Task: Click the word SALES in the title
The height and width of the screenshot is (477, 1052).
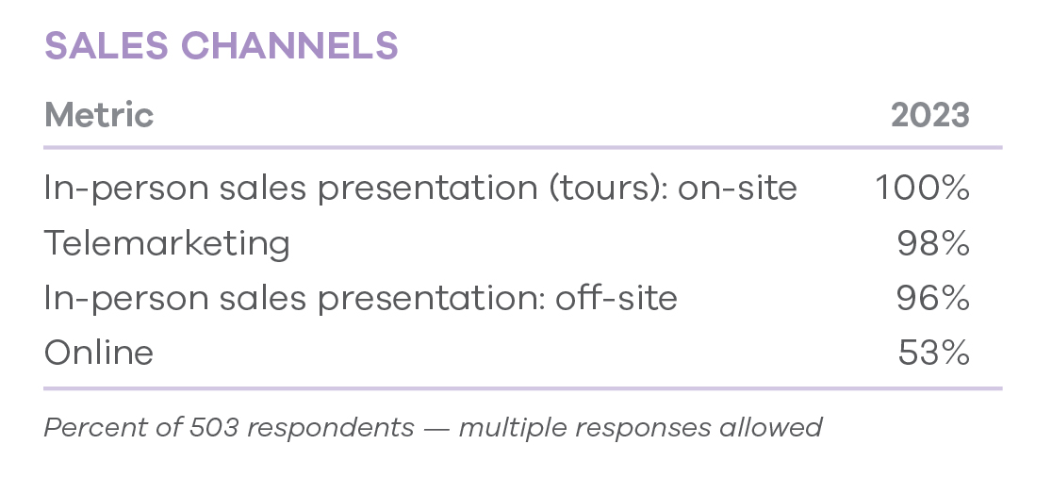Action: coord(106,45)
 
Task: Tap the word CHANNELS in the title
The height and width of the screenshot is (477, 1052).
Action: coord(289,45)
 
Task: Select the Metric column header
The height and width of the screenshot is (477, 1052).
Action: coord(99,115)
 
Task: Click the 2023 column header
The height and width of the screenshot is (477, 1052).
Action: coord(929,115)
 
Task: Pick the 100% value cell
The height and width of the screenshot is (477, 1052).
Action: coord(923,188)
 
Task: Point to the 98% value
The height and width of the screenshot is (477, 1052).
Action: coord(933,242)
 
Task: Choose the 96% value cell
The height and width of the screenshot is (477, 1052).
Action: coord(933,297)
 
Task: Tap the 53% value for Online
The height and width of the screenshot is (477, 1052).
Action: coord(934,353)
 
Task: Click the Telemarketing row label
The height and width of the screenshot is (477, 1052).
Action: coord(167,243)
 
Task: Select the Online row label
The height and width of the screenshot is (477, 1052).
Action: coord(99,353)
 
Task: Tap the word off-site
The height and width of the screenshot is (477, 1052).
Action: coord(616,297)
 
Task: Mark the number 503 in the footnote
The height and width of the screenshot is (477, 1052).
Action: coord(214,427)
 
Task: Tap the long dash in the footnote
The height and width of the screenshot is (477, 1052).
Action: coord(436,429)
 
